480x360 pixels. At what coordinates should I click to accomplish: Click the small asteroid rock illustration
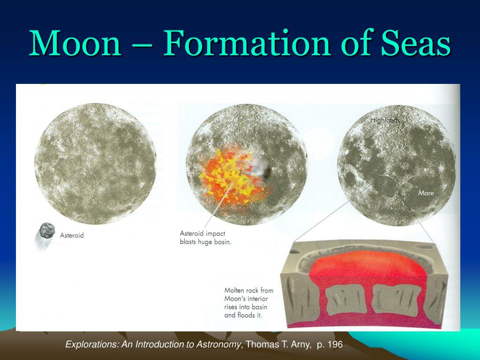[47, 231]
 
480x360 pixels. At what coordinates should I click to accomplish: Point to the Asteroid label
[72, 235]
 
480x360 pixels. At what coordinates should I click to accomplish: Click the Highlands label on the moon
[385, 120]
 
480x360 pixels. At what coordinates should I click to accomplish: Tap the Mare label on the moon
[426, 193]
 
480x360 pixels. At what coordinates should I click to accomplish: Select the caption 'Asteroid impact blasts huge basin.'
[205, 238]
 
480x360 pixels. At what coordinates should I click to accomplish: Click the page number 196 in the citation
[335, 345]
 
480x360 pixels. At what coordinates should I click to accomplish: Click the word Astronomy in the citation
[218, 345]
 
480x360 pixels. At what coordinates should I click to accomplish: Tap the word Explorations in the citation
[92, 345]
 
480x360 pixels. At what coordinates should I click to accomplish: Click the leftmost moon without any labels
[96, 164]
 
